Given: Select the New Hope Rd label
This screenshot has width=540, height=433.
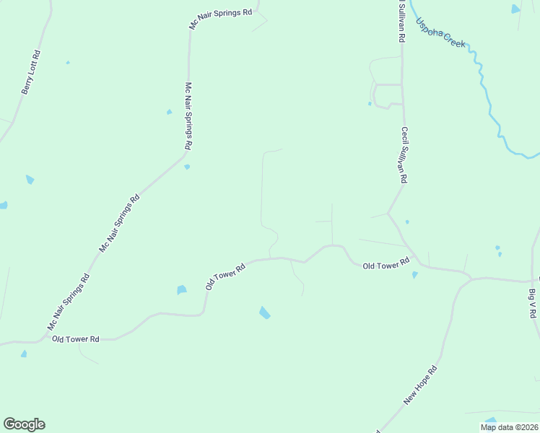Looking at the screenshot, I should coord(421,386).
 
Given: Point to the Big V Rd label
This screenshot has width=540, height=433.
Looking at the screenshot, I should coord(533,304).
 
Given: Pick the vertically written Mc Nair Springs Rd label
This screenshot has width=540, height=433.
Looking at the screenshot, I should coord(188,115).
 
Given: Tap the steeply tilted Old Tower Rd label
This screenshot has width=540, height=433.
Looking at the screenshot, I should coord(225,276).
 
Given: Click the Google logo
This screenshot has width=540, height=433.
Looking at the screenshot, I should coord(24,424).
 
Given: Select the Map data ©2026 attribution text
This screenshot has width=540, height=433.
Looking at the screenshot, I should coord(509,427).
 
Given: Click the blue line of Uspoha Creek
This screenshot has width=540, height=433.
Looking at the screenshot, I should coord(491,108).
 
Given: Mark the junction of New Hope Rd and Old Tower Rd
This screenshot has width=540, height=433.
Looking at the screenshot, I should coord(469,277).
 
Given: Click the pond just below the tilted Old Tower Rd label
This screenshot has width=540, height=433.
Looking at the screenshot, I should coord(182,290).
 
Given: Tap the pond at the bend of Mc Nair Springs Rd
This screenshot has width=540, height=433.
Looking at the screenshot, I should coord(187,167).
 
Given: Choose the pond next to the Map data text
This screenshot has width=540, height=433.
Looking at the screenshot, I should coord(491,420).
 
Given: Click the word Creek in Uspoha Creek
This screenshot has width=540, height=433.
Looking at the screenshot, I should coord(454,39).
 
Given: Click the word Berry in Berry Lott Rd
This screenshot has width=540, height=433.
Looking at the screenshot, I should coord(26,85).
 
